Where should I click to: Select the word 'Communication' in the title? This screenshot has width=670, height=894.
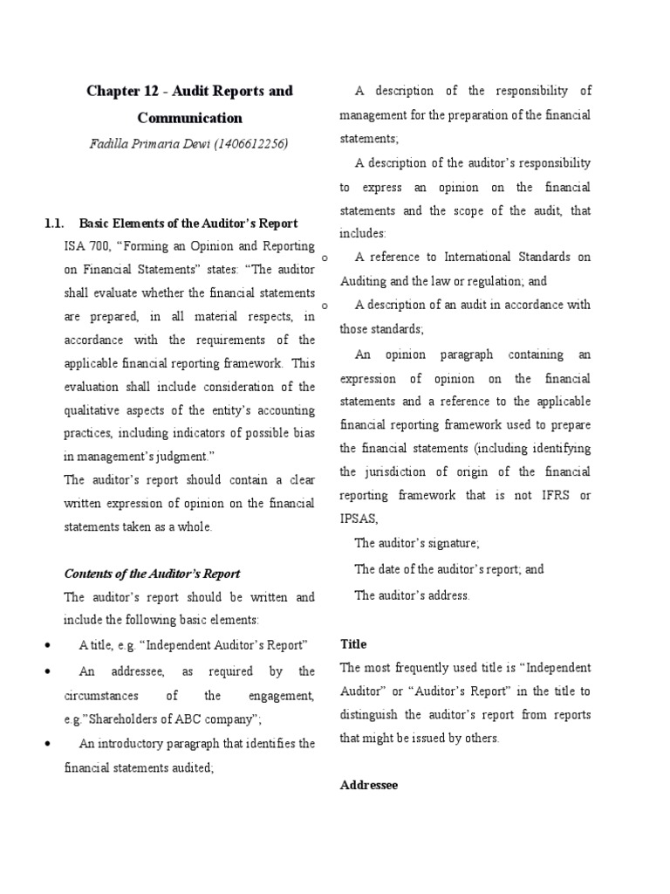[x=189, y=118]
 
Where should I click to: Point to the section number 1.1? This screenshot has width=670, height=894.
[x=54, y=223]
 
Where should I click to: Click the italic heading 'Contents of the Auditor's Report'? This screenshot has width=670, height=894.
[x=152, y=574]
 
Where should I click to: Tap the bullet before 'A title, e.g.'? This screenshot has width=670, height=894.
[x=45, y=646]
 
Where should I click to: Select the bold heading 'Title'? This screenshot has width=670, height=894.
[x=352, y=644]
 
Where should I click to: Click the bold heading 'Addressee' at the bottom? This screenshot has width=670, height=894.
[x=368, y=785]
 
